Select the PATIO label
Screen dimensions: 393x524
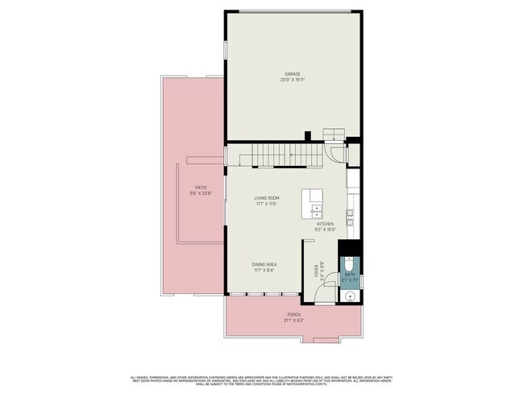point(190,187)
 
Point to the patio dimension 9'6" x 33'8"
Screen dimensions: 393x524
point(190,192)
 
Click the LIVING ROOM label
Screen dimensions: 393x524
point(266,197)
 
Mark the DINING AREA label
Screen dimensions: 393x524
point(265,264)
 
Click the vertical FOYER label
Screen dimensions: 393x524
point(317,271)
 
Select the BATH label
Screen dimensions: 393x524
point(350,275)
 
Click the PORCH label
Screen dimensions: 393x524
point(294,315)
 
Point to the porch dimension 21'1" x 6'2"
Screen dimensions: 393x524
point(294,321)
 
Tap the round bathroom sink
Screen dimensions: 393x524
point(349,295)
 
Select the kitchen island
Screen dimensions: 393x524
point(312,204)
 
